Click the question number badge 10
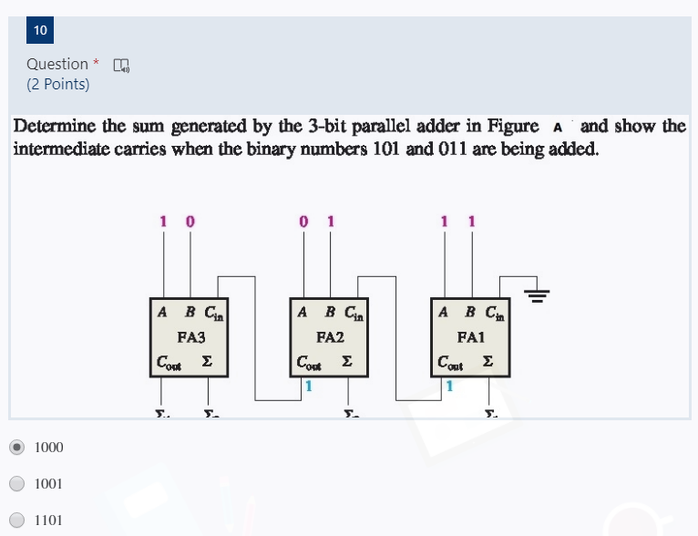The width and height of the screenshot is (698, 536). click(x=40, y=30)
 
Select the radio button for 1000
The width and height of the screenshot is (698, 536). click(x=16, y=447)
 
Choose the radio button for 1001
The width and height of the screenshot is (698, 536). click(x=16, y=483)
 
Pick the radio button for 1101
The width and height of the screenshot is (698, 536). click(x=16, y=520)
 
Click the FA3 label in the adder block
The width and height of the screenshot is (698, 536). click(x=190, y=336)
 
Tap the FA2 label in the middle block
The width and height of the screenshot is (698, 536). click(x=330, y=336)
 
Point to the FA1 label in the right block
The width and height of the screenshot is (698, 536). click(x=470, y=336)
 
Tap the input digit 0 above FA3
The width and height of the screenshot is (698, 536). click(x=190, y=221)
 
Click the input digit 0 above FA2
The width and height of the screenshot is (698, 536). click(x=303, y=221)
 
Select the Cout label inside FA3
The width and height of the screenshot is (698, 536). click(x=169, y=362)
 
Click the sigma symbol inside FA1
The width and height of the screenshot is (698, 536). click(x=488, y=362)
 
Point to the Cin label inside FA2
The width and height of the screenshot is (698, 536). click(x=354, y=313)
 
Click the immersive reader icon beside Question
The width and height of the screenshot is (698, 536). click(x=120, y=65)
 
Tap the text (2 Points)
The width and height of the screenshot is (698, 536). click(x=58, y=85)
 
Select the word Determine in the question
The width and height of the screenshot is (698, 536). click(x=56, y=126)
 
